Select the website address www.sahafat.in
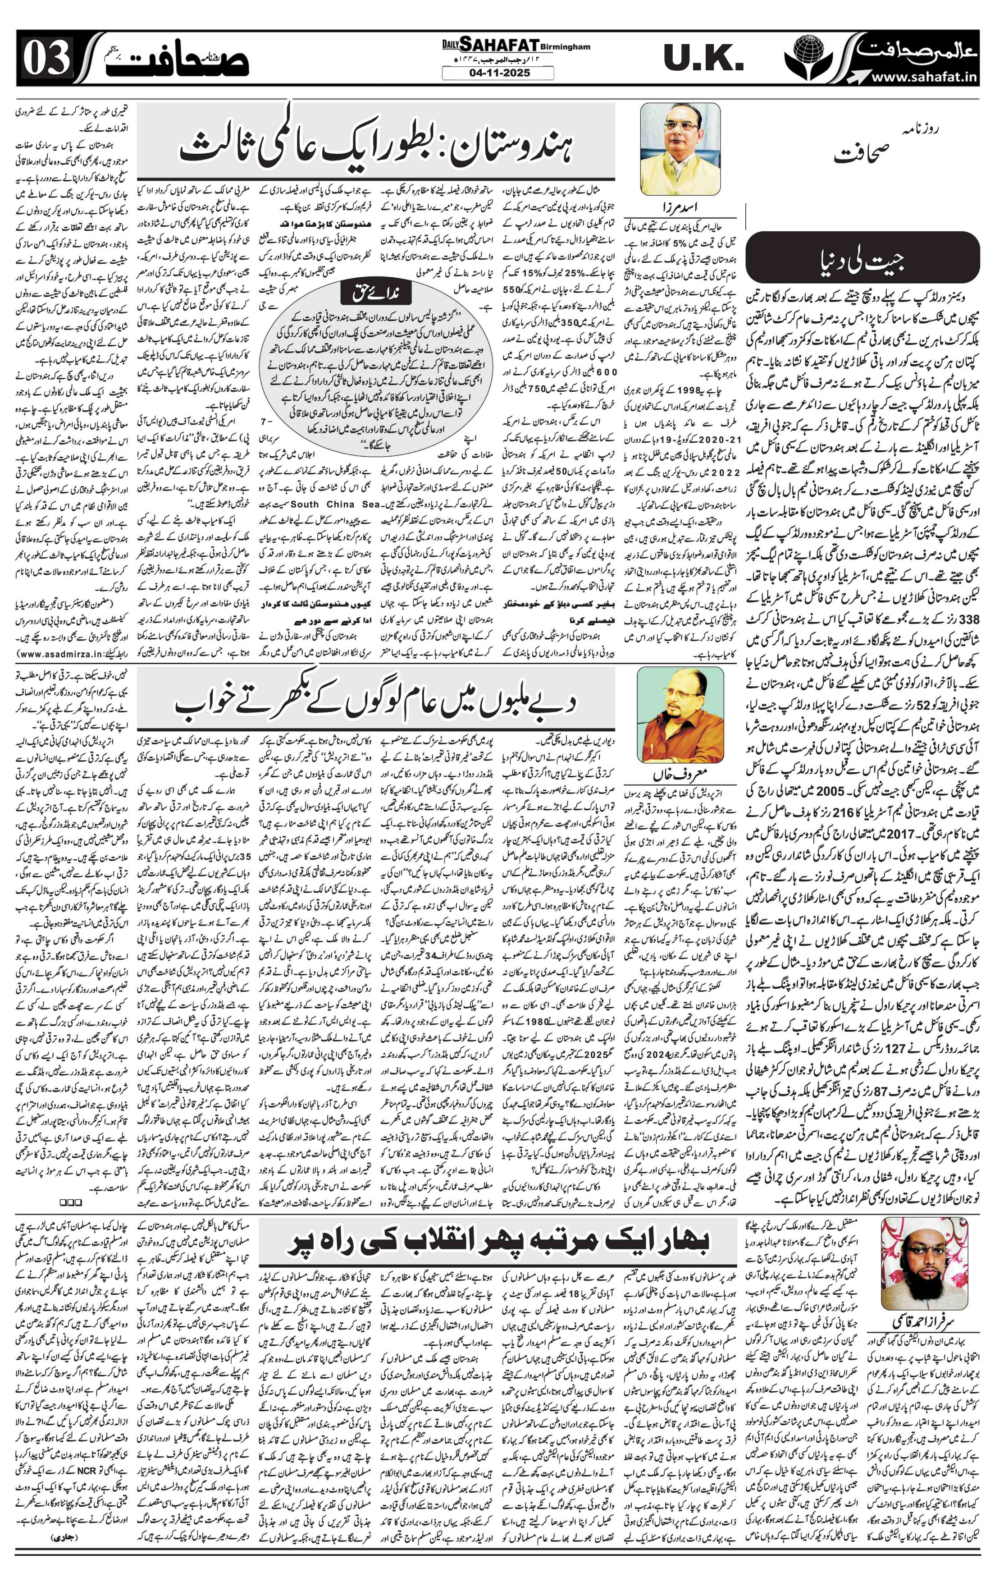click(x=926, y=78)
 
